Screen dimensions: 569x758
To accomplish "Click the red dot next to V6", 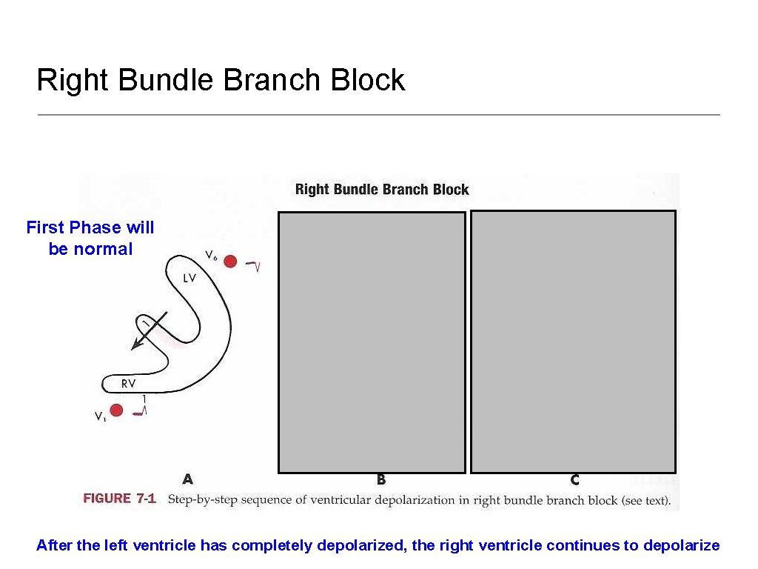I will [230, 261].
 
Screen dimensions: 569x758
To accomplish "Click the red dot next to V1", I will [115, 410].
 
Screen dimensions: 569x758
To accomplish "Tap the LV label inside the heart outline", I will [189, 279].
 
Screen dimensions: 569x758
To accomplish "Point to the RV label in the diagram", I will [128, 383].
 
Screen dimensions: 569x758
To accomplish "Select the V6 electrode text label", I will [211, 256].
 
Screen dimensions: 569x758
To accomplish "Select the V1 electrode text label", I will [100, 416].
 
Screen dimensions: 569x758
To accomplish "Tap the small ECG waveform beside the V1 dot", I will [140, 410].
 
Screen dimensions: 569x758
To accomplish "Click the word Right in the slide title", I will [73, 80].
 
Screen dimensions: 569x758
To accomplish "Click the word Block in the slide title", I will [368, 80].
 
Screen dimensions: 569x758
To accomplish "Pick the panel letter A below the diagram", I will [188, 479].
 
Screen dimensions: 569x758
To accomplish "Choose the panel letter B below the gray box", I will [381, 480].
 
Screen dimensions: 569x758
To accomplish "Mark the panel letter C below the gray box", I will [574, 480].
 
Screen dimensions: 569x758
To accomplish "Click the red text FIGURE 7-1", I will [119, 499].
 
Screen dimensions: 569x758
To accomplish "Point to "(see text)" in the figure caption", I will [645, 500].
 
